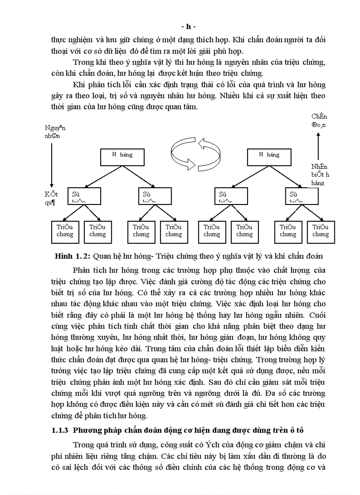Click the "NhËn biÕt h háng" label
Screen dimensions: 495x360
319,174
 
